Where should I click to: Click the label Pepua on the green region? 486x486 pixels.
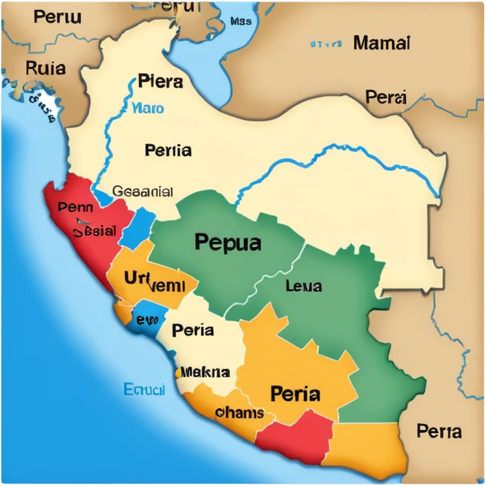(228, 243)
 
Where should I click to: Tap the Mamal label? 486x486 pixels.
(382, 44)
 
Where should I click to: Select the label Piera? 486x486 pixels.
(160, 82)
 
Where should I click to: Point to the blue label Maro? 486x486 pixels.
(148, 108)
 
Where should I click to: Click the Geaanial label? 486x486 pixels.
(143, 192)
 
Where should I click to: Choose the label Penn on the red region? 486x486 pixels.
(75, 207)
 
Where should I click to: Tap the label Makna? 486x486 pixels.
(205, 372)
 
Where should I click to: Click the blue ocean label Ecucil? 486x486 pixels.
(144, 390)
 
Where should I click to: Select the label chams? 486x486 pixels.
(239, 413)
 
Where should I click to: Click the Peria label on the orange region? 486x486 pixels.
(295, 394)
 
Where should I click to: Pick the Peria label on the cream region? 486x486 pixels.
(192, 330)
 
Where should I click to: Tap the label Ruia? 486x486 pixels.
(45, 67)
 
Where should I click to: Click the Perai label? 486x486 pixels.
(386, 98)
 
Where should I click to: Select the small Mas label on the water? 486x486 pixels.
(241, 22)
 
